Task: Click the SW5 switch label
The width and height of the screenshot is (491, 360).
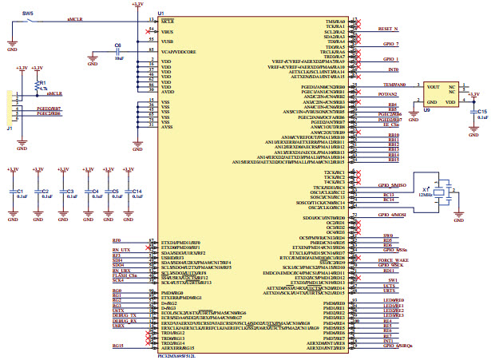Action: coord(28,14)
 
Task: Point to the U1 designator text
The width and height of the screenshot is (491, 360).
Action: coord(161,13)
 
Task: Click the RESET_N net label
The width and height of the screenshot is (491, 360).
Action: coord(389,28)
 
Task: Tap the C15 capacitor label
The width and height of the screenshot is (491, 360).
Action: coord(482,111)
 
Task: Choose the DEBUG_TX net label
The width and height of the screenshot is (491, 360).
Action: coord(120,315)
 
